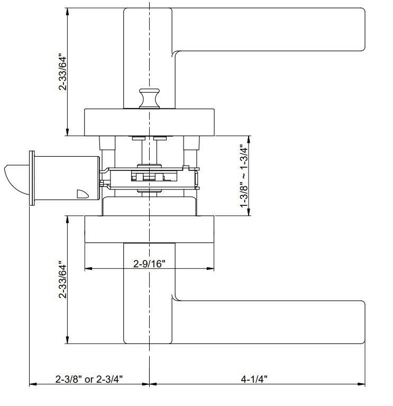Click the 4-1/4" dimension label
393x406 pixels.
(254, 379)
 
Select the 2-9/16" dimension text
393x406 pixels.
(149, 264)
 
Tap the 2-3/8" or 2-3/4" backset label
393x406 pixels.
(89, 379)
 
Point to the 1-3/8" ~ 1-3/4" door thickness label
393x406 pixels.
(244, 176)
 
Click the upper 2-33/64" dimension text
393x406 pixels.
(63, 72)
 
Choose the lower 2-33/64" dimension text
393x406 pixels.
(63, 279)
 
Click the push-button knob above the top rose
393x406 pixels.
(149, 98)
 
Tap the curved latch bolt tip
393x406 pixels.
(15, 179)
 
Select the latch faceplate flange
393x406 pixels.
(32, 178)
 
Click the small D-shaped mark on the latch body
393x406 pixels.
(83, 194)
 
